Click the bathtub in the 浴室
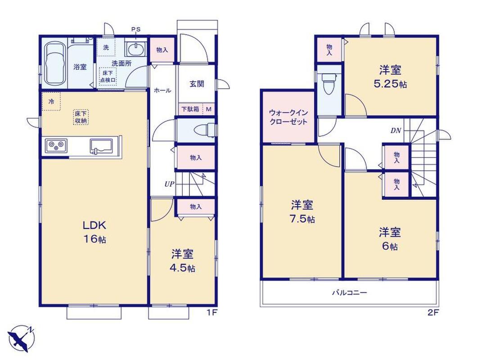55,63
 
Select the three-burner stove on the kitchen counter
56,145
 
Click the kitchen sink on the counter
102,145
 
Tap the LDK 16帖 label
94,232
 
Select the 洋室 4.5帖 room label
183,261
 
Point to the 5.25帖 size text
390,84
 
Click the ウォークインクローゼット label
288,117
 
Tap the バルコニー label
350,293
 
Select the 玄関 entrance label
197,84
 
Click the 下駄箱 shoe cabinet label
190,109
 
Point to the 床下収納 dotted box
81,117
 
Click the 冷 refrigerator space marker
51,101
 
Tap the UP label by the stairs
169,184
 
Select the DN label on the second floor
396,131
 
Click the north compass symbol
22,338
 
